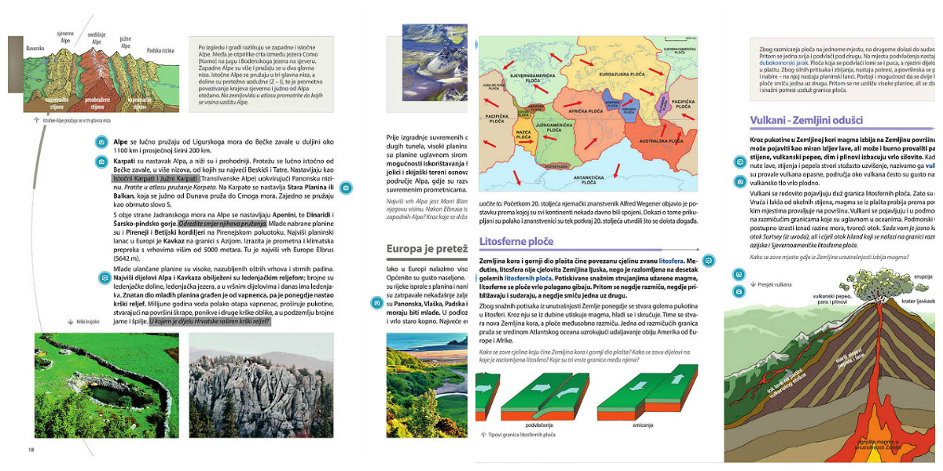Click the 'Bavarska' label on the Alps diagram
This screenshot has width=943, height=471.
pyautogui.click(x=35, y=48)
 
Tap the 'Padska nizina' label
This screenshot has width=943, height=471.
pyautogui.click(x=160, y=51)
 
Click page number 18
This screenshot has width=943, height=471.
pyautogui.click(x=31, y=449)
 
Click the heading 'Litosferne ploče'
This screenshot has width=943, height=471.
pyautogui.click(x=516, y=242)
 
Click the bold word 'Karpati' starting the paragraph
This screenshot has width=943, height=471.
pyautogui.click(x=126, y=161)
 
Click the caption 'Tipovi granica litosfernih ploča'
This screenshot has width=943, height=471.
pyautogui.click(x=522, y=435)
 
